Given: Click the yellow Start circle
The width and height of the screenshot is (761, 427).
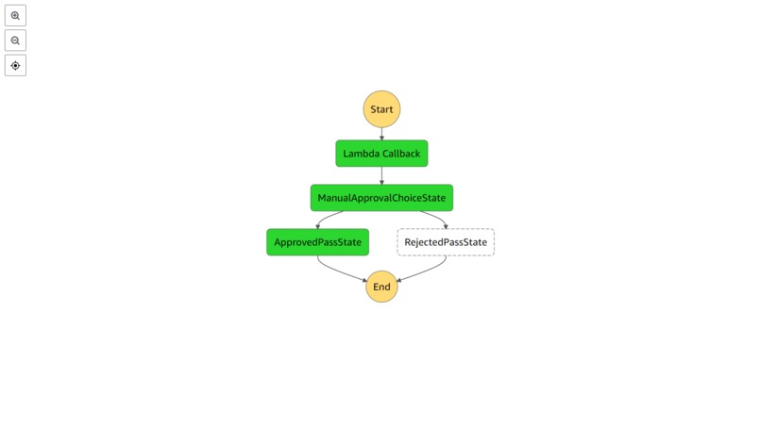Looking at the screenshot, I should tap(381, 109).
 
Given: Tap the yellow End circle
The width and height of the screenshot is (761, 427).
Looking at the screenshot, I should tap(381, 287).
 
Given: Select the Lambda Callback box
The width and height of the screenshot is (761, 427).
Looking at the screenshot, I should tap(381, 154).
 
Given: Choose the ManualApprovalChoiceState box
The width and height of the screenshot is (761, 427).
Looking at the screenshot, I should tap(381, 198).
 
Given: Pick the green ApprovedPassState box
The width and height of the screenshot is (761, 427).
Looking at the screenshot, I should tap(317, 242).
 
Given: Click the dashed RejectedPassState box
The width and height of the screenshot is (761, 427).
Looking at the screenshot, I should tap(446, 242).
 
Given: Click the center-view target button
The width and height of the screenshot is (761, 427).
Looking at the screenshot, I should tap(15, 66).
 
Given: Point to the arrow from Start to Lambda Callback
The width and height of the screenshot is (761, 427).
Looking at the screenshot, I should tap(381, 134).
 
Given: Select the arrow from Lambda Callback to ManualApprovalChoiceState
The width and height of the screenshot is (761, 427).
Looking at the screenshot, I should tap(381, 176).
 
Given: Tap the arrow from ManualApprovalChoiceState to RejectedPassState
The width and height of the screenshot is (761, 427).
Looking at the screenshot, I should tap(436, 218).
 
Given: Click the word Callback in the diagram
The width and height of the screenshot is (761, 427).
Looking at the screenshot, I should tap(401, 154).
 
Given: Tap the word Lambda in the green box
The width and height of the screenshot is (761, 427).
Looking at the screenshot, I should tap(361, 154).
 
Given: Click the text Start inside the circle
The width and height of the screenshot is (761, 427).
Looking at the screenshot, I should tap(381, 109).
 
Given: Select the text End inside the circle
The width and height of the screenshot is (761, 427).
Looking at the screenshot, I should tap(381, 287).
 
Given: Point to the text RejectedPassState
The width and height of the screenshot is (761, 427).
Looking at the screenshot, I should tap(446, 242).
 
